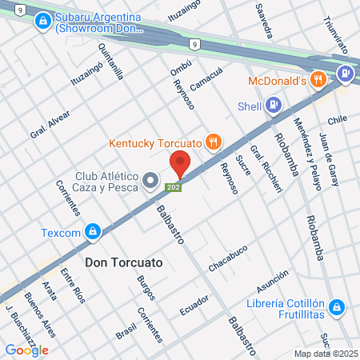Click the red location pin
click(x=180, y=163)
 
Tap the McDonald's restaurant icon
click(x=319, y=79)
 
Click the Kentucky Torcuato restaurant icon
click(x=213, y=142)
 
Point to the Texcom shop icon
click(x=94, y=232)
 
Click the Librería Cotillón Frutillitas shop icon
click(x=337, y=306)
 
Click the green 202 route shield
click(x=173, y=187)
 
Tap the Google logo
click(x=26, y=350)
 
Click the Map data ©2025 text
click(x=324, y=354)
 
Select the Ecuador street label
click(x=194, y=305)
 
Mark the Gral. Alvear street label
click(x=50, y=124)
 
